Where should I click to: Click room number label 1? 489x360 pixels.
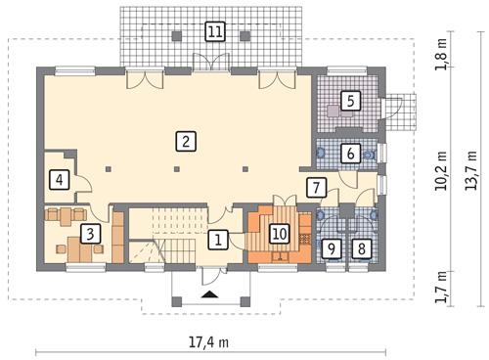click(221, 238)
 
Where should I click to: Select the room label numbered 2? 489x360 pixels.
click(183, 140)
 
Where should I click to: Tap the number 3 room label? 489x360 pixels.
click(89, 233)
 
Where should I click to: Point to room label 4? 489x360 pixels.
click(59, 179)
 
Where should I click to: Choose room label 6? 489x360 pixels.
click(349, 153)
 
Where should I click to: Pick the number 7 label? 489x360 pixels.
click(315, 187)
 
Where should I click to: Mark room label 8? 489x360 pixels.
click(362, 249)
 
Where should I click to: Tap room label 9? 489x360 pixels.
click(333, 249)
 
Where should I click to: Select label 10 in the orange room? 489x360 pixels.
click(280, 235)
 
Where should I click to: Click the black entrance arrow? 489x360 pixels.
click(209, 292)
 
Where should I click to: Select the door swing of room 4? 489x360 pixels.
click(84, 181)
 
